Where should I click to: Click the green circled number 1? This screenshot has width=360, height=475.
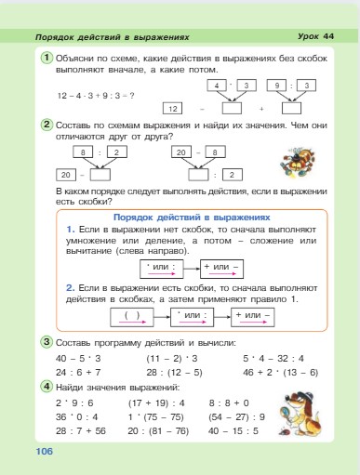(46, 59)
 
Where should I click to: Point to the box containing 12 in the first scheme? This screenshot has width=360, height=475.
(173, 108)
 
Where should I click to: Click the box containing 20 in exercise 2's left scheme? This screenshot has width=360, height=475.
(65, 174)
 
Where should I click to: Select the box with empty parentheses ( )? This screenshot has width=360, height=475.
(131, 314)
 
